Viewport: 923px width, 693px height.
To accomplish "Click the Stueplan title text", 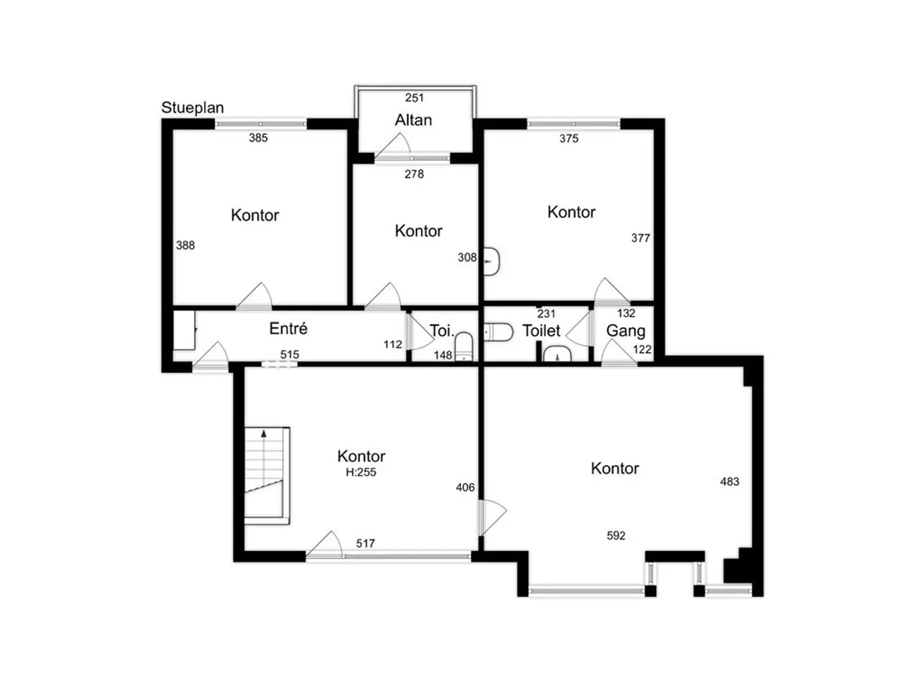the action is click(x=192, y=108).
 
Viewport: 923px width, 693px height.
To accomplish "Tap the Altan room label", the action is click(x=413, y=121).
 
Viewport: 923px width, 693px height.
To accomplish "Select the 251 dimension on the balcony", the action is click(x=414, y=98).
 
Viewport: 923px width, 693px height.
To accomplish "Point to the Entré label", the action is click(x=288, y=328).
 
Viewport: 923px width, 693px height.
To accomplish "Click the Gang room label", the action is click(x=625, y=331).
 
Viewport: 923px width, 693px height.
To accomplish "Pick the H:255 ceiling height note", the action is click(x=361, y=472).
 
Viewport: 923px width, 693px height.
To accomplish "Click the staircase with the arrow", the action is click(x=267, y=476).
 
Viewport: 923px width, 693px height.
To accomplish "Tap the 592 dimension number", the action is click(x=616, y=536).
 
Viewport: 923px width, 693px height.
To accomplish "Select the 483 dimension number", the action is click(x=729, y=481).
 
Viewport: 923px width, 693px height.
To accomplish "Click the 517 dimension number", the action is click(x=365, y=544).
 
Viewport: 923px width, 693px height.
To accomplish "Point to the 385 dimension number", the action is click(x=257, y=138).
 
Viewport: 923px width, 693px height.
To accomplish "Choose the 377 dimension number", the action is click(x=640, y=238).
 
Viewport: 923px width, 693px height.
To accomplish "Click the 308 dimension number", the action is click(x=467, y=258).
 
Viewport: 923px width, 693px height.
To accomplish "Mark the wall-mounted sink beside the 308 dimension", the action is click(x=491, y=262).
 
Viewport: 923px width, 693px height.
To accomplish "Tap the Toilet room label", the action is click(x=542, y=331).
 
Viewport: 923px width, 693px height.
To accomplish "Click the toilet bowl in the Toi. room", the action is click(x=464, y=346).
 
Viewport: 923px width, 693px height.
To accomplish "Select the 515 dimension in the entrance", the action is click(x=289, y=354).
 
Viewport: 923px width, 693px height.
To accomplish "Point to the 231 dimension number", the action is click(x=546, y=314).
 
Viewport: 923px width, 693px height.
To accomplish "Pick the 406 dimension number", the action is click(x=465, y=488).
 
